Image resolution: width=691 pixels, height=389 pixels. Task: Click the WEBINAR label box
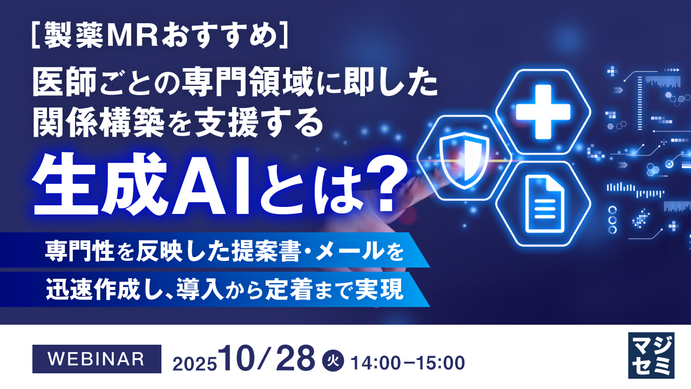[x=97, y=359]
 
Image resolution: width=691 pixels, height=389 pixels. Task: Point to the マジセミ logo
[x=651, y=354]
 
